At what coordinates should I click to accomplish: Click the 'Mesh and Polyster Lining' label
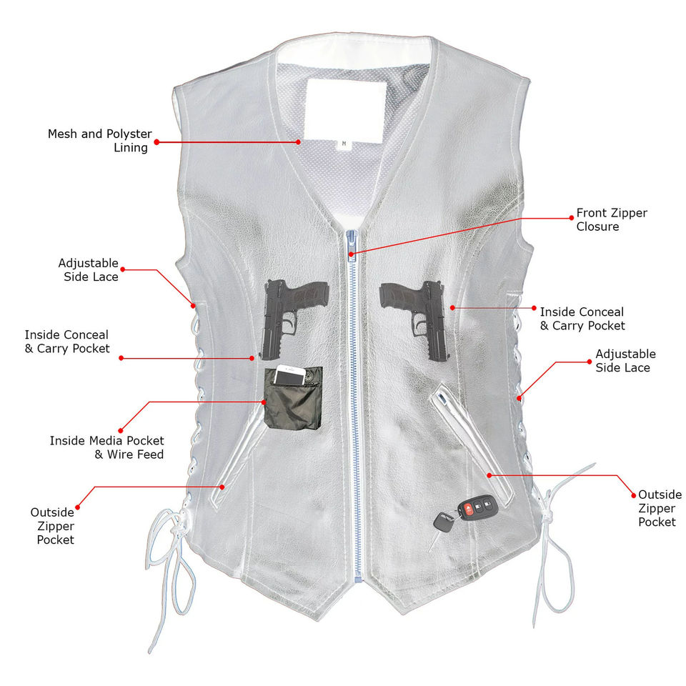click(100, 141)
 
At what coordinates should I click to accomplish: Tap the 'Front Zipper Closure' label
click(612, 219)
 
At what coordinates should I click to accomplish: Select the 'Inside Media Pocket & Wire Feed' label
click(107, 447)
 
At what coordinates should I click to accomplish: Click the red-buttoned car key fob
click(474, 510)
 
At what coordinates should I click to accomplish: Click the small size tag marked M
click(344, 143)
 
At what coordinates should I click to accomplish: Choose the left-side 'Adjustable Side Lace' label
click(89, 270)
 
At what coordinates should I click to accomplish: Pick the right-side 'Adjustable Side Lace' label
click(625, 361)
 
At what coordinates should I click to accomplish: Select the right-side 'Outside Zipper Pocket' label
click(660, 508)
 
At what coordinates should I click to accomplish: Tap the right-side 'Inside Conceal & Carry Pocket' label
click(582, 319)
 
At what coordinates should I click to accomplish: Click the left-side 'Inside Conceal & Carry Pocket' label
click(67, 342)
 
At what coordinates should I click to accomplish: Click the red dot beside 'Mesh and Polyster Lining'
click(157, 142)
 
